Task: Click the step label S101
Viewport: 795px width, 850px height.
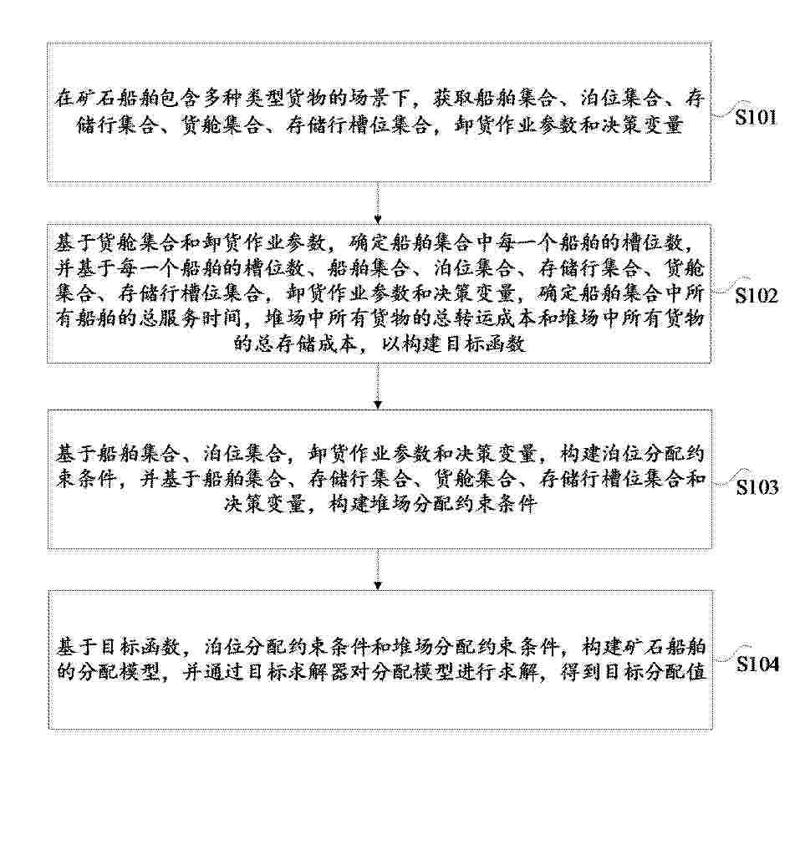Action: pyautogui.click(x=756, y=117)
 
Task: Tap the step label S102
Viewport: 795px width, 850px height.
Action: pyautogui.click(x=756, y=295)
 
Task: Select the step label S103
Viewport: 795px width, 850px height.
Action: pyautogui.click(x=757, y=487)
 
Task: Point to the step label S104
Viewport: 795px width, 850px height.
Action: pyautogui.click(x=757, y=664)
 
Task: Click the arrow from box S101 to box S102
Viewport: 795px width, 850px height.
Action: pyautogui.click(x=378, y=203)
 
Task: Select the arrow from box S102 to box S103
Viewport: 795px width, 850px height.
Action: pyautogui.click(x=378, y=386)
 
